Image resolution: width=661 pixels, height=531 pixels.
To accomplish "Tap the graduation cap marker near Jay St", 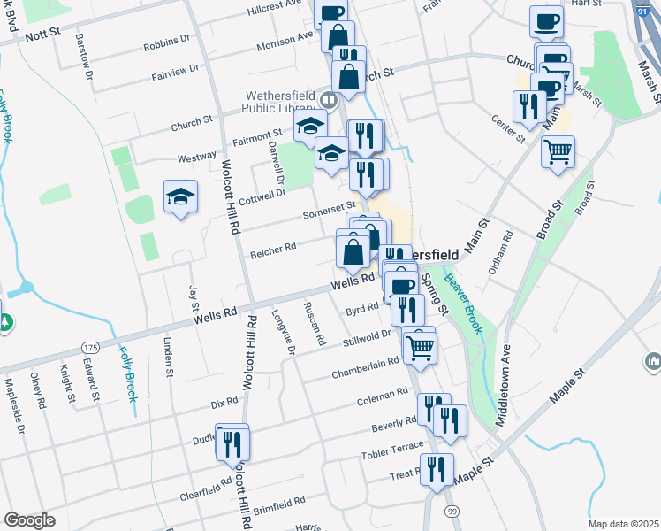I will [x=180, y=198].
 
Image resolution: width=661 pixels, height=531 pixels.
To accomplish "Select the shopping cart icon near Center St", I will [x=558, y=153].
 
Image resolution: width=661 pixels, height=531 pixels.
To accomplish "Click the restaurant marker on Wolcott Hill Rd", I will [x=232, y=442].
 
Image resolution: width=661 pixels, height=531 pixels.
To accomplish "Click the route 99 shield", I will [x=452, y=512].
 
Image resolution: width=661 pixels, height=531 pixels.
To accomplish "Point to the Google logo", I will [x=29, y=520].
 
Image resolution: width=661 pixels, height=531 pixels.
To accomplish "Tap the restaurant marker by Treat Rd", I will [x=437, y=470].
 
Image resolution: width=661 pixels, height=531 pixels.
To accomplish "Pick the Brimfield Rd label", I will [x=277, y=501].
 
